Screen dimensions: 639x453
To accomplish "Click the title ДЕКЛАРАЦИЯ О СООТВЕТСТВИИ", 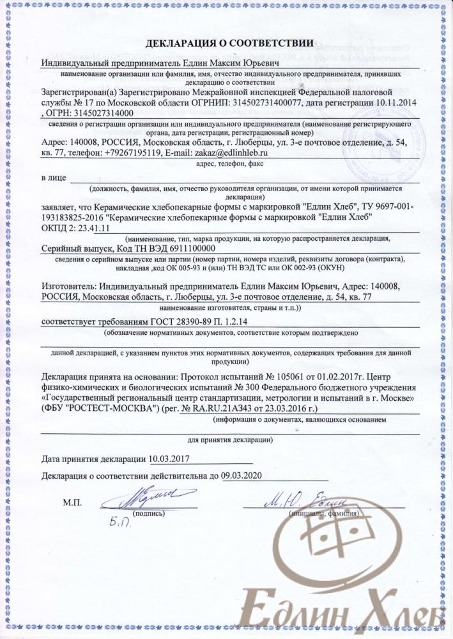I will (x=230, y=44).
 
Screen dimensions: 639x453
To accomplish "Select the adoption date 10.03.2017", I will (x=169, y=459).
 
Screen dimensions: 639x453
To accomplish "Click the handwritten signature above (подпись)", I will (x=145, y=499).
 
